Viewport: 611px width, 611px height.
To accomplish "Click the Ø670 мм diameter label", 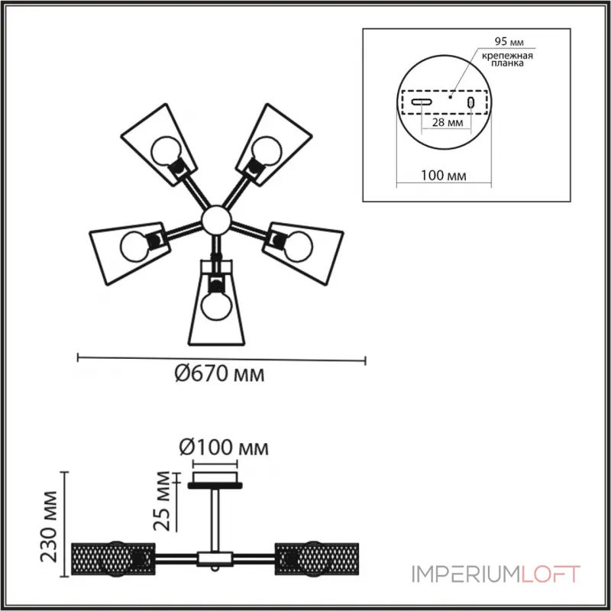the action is pos(219,373).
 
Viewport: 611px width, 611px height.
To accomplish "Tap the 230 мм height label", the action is pos(50,526).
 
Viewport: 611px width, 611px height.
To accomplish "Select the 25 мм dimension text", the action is pos(162,501).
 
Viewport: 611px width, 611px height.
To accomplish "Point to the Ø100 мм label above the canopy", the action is pos(224,448).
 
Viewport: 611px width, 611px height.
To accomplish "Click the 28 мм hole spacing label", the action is pos(448,122).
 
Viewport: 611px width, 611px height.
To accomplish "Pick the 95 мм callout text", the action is pos(509,41).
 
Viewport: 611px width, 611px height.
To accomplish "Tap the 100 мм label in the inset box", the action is pos(444,176).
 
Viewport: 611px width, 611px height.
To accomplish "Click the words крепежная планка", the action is pos(507,59).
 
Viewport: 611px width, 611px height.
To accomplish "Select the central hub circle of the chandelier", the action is pos(216,221).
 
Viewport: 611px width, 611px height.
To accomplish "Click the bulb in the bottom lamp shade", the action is pos(217,305).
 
